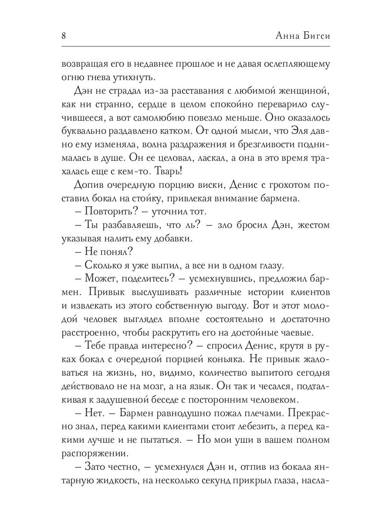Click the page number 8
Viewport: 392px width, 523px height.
click(x=64, y=36)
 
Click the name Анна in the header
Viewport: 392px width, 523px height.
click(x=277, y=36)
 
